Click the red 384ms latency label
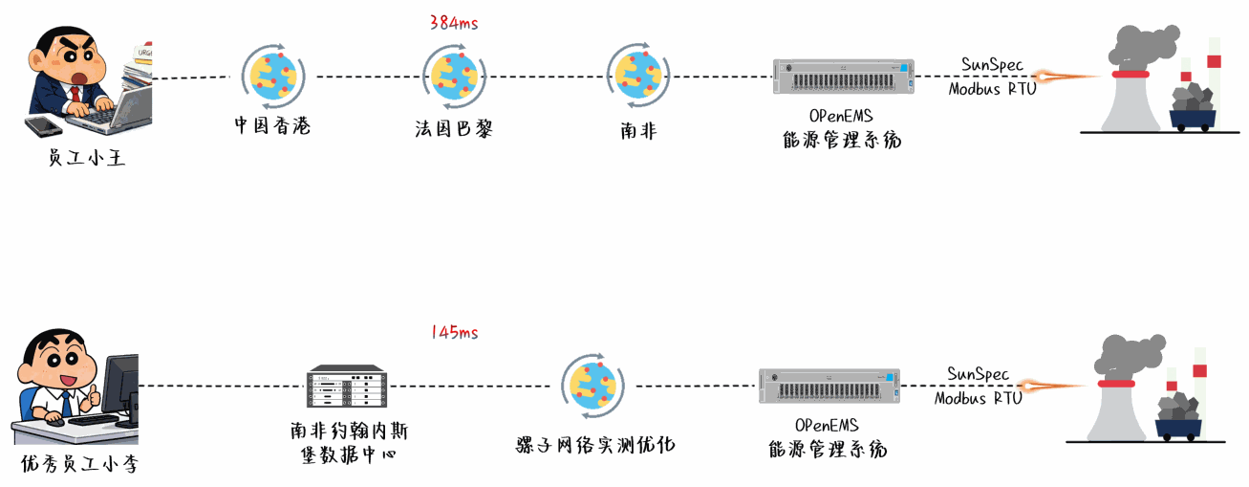[454, 23]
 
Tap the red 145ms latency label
[454, 333]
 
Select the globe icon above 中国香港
[272, 76]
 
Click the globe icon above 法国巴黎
[454, 77]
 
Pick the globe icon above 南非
[637, 76]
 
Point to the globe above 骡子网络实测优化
[593, 386]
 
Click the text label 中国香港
[272, 126]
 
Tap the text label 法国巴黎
[454, 129]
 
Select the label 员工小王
[87, 158]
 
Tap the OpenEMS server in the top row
[843, 77]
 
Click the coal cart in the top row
[1193, 106]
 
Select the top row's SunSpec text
[992, 65]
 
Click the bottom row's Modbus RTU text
[978, 398]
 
